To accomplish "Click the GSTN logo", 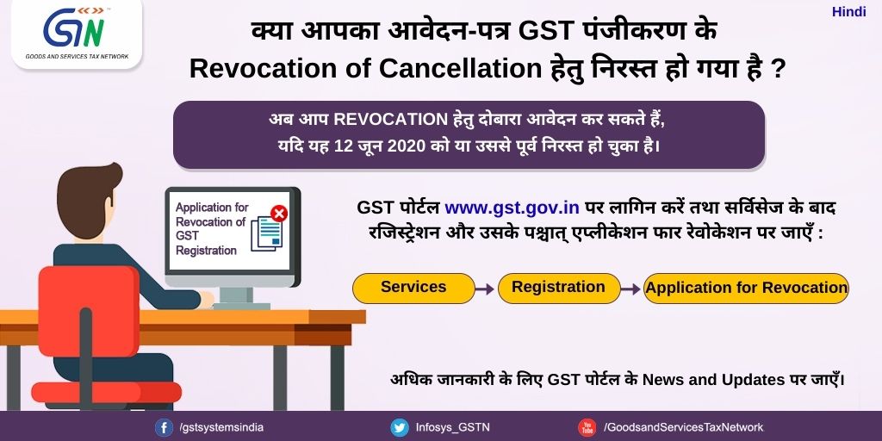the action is [x=77, y=34].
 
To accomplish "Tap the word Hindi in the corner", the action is [x=848, y=12].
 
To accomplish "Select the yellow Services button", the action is [x=413, y=288].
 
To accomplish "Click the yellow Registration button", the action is [x=558, y=288].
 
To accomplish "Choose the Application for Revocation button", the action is [x=746, y=288].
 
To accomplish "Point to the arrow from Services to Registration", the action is [x=485, y=289].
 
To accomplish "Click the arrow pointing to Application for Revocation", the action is [x=631, y=289].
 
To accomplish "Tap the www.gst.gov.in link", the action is [x=512, y=208].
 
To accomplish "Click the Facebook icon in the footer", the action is [x=165, y=427].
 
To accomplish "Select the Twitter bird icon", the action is [x=400, y=427].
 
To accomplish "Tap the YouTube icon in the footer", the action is [x=587, y=427].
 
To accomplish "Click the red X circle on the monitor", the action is [x=278, y=214].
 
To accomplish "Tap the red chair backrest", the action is [x=89, y=310].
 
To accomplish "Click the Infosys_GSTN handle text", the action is [x=453, y=427].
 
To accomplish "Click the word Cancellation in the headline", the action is [x=460, y=69].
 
